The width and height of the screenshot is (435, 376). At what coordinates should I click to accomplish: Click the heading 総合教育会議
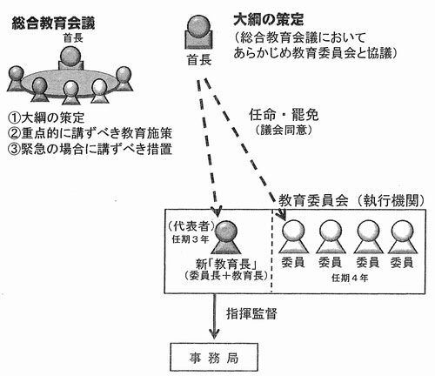53,23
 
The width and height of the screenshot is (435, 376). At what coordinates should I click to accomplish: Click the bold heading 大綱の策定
269,20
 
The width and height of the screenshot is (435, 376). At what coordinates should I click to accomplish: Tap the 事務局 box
214,357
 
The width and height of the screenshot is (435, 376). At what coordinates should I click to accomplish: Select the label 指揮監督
251,313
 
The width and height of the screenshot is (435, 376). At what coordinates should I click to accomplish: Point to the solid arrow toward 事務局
214,316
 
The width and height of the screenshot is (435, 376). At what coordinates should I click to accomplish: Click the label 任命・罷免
284,115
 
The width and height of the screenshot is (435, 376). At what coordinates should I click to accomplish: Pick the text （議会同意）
284,130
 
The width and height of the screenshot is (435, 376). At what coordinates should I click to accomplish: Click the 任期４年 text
350,278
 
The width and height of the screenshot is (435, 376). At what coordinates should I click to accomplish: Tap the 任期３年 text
191,239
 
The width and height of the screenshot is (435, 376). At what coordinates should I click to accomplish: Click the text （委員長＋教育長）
226,275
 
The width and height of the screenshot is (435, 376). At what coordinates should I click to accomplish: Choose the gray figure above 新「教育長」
226,238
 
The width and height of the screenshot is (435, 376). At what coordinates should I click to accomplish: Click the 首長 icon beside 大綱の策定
199,32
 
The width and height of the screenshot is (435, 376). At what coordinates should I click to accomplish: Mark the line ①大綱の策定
46,117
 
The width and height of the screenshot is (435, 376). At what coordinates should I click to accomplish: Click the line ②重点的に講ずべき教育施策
90,133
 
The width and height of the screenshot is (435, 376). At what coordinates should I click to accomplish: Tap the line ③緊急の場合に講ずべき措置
90,149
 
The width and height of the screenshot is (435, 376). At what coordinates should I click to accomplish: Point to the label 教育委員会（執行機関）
351,200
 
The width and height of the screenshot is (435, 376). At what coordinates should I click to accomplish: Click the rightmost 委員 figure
403,237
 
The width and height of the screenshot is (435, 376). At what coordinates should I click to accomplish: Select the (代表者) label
191,226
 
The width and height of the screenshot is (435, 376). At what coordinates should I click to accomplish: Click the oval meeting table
70,84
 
